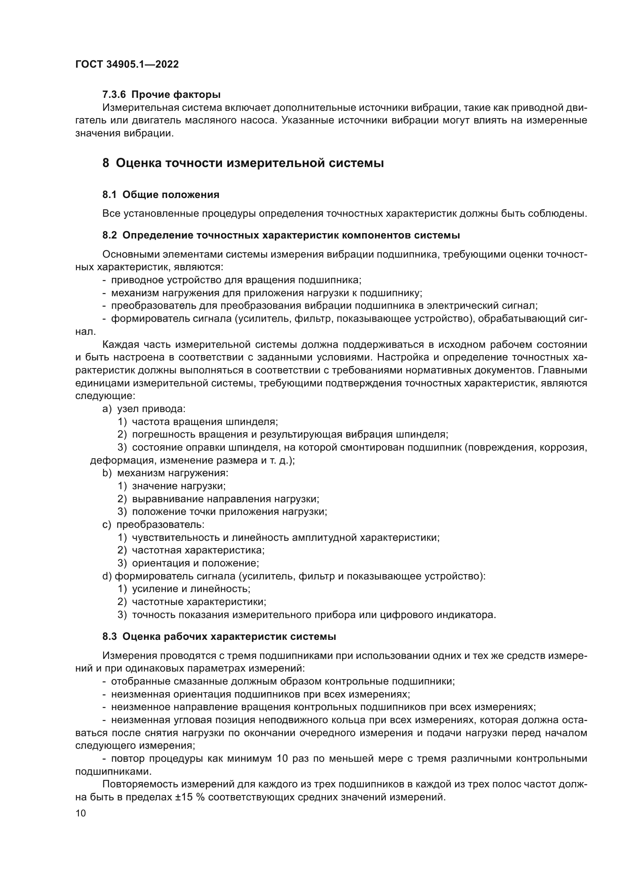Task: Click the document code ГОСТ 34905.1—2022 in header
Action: point(127,65)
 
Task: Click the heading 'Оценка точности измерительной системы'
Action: point(250,163)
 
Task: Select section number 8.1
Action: point(109,195)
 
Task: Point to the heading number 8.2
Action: point(109,235)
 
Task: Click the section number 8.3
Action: point(109,637)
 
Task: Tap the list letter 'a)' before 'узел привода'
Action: point(107,409)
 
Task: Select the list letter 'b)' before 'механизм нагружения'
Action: point(107,473)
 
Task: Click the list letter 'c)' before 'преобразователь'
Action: point(107,524)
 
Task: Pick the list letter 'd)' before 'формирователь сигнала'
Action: point(107,576)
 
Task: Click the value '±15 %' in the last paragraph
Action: point(191,797)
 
